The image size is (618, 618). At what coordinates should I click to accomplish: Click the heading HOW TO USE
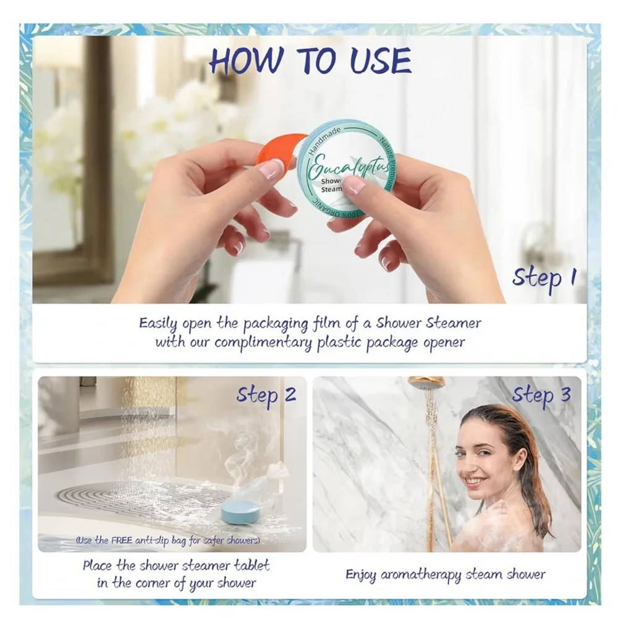point(310,61)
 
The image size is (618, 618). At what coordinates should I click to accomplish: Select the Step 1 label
point(543,277)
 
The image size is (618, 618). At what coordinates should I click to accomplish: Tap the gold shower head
point(426,384)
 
